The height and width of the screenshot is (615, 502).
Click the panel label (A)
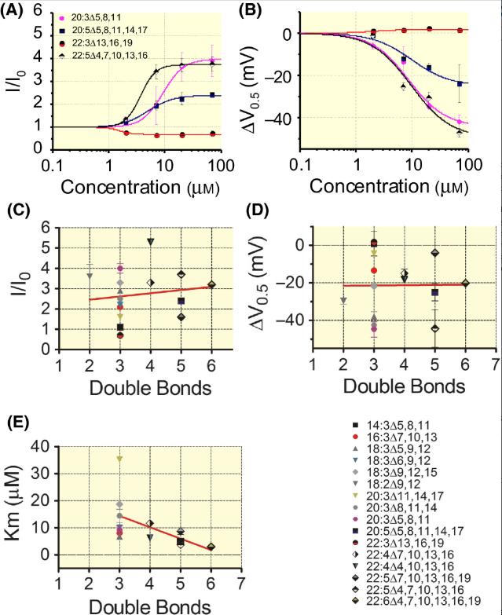click(x=15, y=10)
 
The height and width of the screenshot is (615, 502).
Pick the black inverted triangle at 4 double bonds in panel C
click(x=150, y=241)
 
